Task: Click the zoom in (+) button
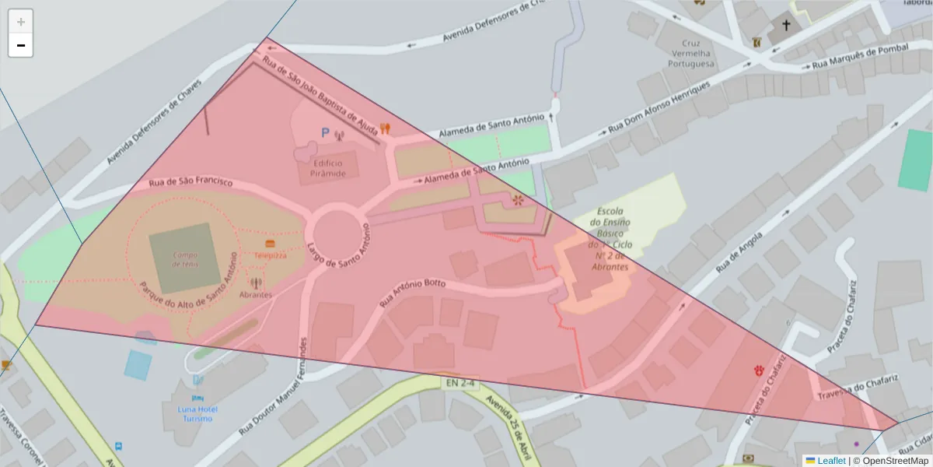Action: pyautogui.click(x=21, y=22)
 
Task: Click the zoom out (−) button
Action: pyautogui.click(x=21, y=45)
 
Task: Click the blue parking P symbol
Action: pyautogui.click(x=325, y=134)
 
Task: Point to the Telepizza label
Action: pyautogui.click(x=270, y=255)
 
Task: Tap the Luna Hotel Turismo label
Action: pyautogui.click(x=197, y=413)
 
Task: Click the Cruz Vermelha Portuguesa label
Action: pyautogui.click(x=686, y=54)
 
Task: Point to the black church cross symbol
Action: pyautogui.click(x=785, y=26)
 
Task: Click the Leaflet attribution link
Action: pyautogui.click(x=830, y=461)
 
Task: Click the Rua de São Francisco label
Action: pyautogui.click(x=190, y=181)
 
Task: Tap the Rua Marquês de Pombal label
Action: pyautogui.click(x=855, y=58)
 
